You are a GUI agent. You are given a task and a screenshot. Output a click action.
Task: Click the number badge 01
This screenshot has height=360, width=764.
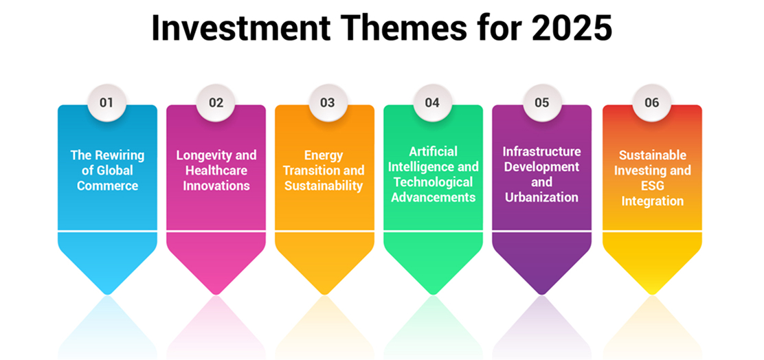106,103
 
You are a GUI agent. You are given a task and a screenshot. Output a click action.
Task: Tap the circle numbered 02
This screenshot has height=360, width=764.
216,103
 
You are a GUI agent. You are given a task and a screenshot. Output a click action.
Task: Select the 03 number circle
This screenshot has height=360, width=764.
328,103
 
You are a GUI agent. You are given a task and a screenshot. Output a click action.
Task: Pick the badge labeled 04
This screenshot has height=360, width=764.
432,103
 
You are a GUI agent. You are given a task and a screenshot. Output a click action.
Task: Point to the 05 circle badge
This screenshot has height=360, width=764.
542,103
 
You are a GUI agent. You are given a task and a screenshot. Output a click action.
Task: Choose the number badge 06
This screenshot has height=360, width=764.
652,103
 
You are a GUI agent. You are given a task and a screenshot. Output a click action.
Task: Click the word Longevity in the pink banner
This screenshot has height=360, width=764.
201,155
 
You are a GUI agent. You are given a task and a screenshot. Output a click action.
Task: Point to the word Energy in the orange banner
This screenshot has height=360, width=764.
324,155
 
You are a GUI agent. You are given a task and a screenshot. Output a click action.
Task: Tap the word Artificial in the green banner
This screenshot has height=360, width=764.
433,151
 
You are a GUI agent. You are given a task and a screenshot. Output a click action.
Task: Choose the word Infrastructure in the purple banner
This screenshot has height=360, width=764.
542,151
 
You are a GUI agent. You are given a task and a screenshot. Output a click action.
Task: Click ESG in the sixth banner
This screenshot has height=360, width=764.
652,185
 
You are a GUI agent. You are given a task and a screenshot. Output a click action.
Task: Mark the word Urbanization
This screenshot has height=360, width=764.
542,197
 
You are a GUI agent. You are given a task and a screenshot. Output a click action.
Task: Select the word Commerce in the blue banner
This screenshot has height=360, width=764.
108,185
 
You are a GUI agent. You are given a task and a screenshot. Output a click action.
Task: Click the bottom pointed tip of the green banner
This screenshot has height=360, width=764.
433,294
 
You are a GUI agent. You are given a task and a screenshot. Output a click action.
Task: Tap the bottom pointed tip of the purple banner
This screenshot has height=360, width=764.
542,294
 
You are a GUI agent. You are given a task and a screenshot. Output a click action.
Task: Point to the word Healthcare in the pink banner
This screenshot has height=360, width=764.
216,170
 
